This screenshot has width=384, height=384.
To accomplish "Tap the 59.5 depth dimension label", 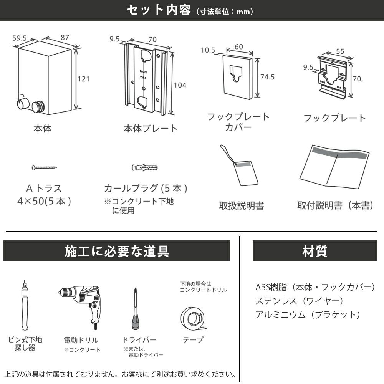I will pos(20,38).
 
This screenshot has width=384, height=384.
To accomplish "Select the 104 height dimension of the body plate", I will pos(180,85).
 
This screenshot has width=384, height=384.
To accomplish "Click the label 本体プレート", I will pos(150,128).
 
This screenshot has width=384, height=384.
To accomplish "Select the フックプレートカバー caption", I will pos(238,121).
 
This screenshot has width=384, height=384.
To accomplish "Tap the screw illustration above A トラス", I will pos(44,167).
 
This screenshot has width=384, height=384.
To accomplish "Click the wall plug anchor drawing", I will pos(145,168).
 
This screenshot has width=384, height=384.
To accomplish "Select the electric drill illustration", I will pos(81,303).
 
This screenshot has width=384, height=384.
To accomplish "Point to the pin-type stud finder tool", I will pos(24,305).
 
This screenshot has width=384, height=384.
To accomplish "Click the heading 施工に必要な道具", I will pos(117,251).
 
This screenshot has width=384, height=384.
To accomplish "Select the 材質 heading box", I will pos(314,251).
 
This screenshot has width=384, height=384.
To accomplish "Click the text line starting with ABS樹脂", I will pos(315,287).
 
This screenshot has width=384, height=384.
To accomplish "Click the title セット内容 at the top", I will pos(159,10).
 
